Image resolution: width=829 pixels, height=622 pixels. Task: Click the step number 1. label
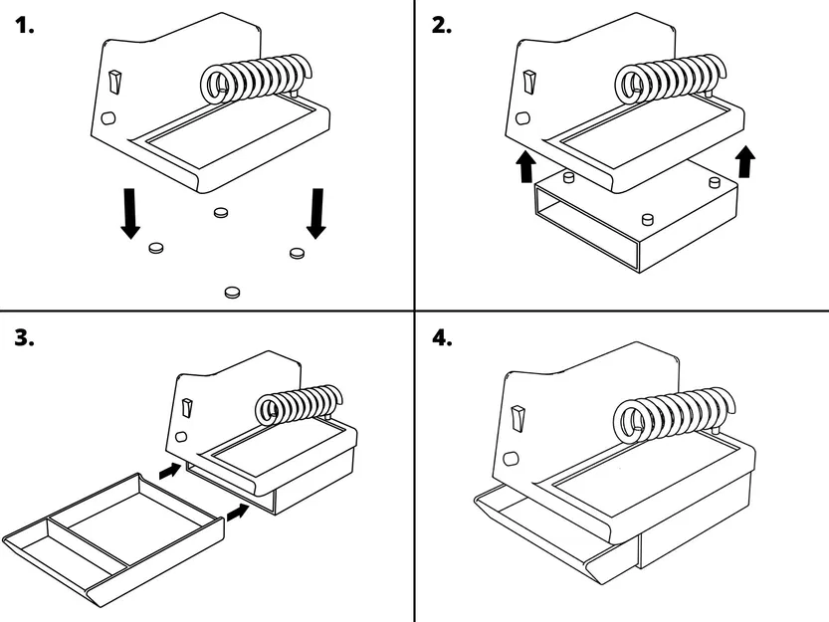[x=24, y=27]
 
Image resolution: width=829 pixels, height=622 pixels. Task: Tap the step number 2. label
[x=441, y=27]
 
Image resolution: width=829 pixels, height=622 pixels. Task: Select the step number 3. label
[x=25, y=338]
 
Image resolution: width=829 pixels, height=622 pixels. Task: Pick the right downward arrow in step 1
[x=316, y=213]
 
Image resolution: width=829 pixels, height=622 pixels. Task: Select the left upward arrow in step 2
[x=526, y=166]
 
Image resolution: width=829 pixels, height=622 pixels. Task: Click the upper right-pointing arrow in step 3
[x=170, y=469]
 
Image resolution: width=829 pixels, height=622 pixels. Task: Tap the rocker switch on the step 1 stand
[x=115, y=83]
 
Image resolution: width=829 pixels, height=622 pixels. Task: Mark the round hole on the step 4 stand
[x=512, y=459]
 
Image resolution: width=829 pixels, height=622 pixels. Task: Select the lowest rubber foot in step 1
[x=232, y=292]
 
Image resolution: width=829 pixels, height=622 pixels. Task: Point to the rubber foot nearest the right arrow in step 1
[x=297, y=253]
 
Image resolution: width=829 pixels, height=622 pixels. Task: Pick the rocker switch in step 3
[x=187, y=407]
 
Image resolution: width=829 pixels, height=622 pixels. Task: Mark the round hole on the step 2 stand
[x=521, y=117]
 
